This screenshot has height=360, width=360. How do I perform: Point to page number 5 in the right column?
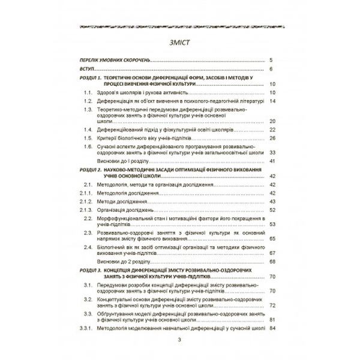271,60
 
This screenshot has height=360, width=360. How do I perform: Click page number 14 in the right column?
272,101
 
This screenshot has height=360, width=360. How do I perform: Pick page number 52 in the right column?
272,211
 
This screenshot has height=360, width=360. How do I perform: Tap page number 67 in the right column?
272,253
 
